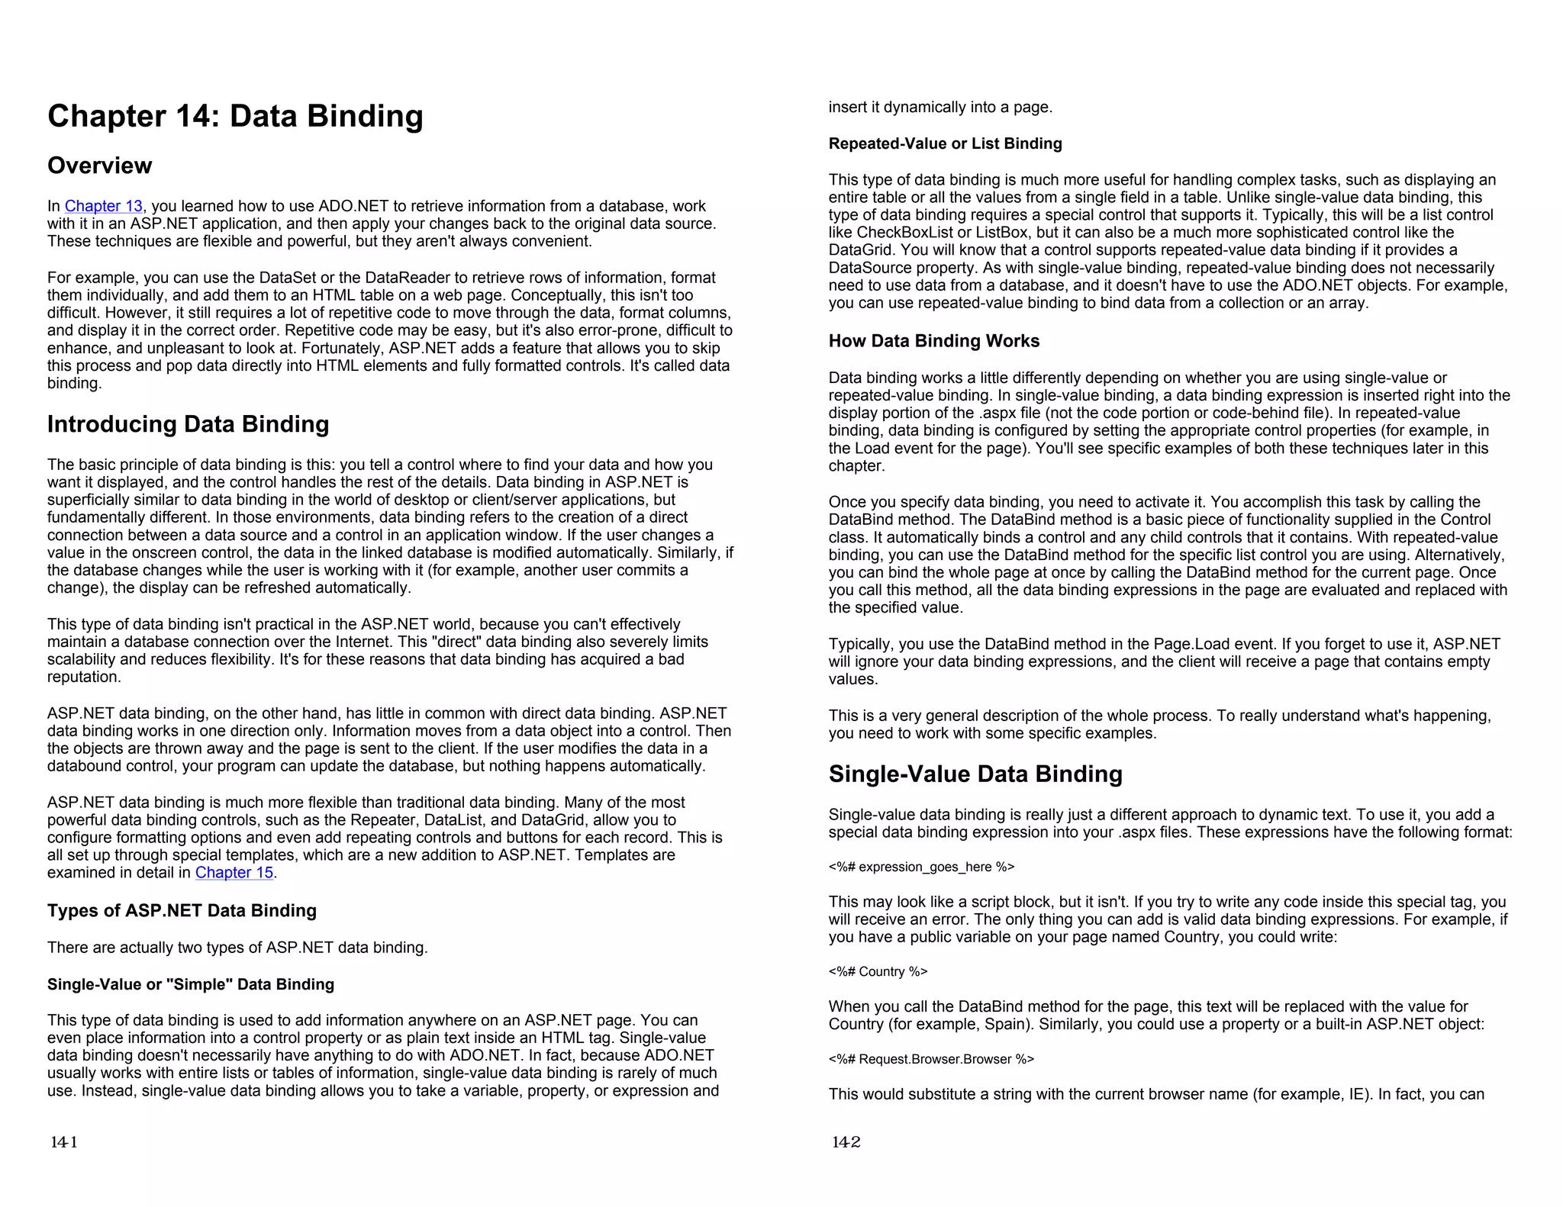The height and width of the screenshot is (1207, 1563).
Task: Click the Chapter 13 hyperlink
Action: tap(103, 206)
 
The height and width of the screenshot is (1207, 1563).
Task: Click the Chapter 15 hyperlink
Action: tap(234, 873)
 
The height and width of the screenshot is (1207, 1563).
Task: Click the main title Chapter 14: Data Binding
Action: tap(235, 116)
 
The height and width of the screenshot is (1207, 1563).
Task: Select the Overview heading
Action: tap(99, 166)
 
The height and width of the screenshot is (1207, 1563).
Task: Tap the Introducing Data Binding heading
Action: tap(188, 424)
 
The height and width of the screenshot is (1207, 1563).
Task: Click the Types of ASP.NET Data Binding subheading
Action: tap(182, 911)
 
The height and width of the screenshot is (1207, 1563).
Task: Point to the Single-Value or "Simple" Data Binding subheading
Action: tap(191, 984)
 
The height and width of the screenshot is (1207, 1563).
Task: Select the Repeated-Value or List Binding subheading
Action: tap(945, 143)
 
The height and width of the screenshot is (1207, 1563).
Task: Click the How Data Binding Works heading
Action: tap(933, 341)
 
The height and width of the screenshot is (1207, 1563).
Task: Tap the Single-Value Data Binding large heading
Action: tap(975, 774)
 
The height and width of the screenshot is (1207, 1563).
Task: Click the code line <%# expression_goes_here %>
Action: tap(921, 867)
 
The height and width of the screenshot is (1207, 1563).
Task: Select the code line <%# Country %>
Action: tap(878, 971)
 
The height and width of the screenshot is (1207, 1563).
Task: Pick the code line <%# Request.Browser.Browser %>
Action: tap(931, 1059)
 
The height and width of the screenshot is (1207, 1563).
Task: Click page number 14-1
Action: tap(63, 1142)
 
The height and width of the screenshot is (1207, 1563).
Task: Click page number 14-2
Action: tap(846, 1142)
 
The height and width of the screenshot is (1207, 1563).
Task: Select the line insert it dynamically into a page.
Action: tap(940, 108)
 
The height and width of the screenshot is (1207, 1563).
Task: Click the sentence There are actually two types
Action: tap(237, 948)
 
